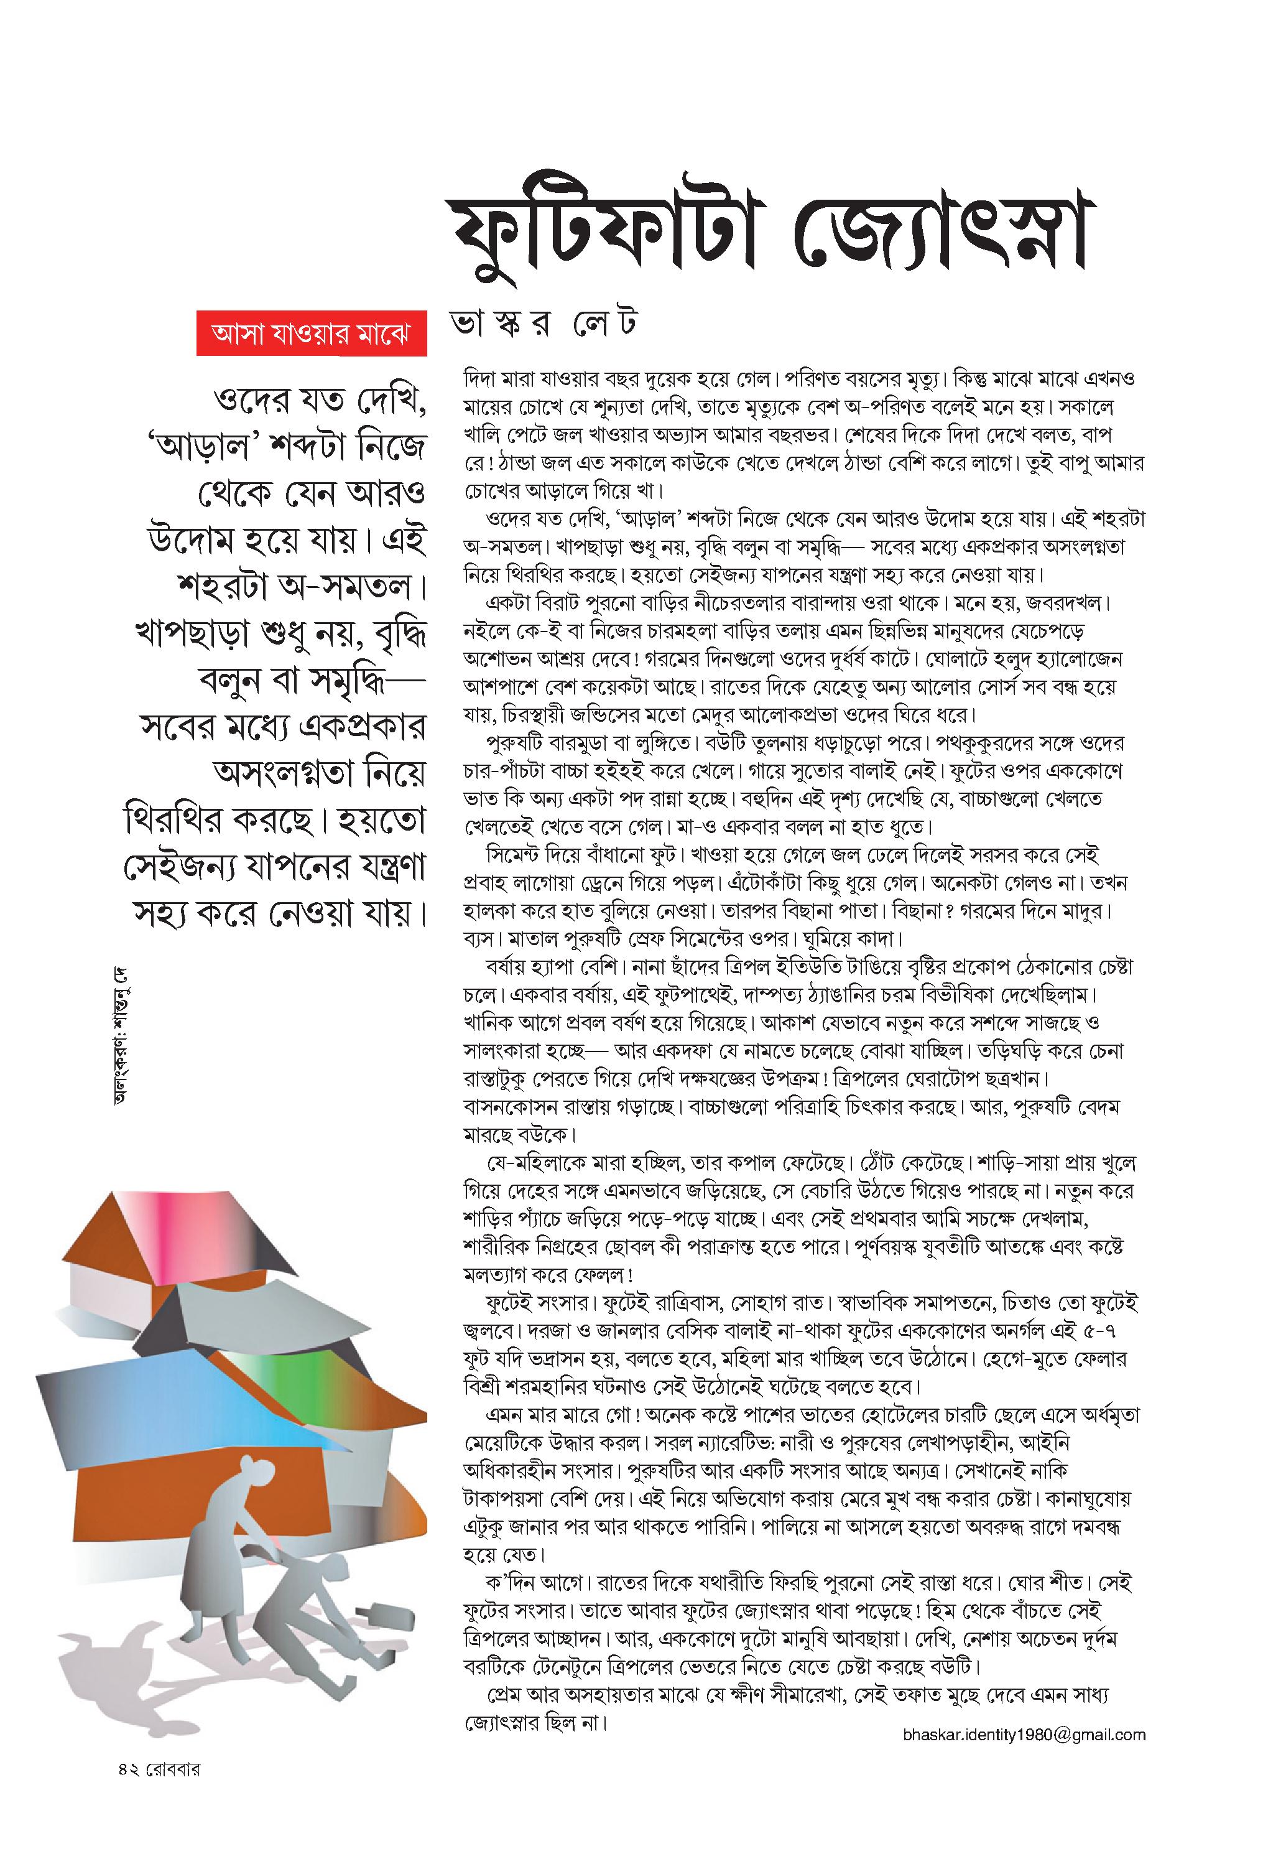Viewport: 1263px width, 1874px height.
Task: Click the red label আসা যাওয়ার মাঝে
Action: [x=311, y=333]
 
